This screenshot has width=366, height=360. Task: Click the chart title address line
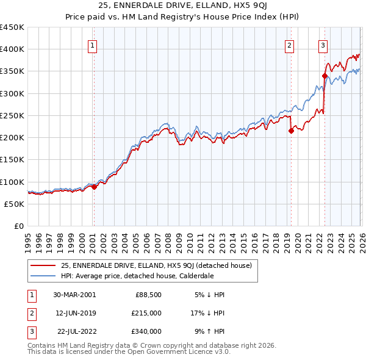pyautogui.click(x=183, y=5)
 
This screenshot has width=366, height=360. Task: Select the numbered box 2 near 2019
pyautogui.click(x=289, y=45)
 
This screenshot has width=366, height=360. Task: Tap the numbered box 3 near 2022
pyautogui.click(x=322, y=45)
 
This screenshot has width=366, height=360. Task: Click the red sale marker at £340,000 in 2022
pyautogui.click(x=325, y=76)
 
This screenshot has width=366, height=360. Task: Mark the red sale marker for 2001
pyautogui.click(x=94, y=187)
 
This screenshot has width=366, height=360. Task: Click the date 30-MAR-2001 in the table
pyautogui.click(x=75, y=295)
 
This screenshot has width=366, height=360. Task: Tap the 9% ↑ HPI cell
pyautogui.click(x=208, y=331)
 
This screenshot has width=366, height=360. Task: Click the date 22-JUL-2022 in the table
pyautogui.click(x=75, y=331)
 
